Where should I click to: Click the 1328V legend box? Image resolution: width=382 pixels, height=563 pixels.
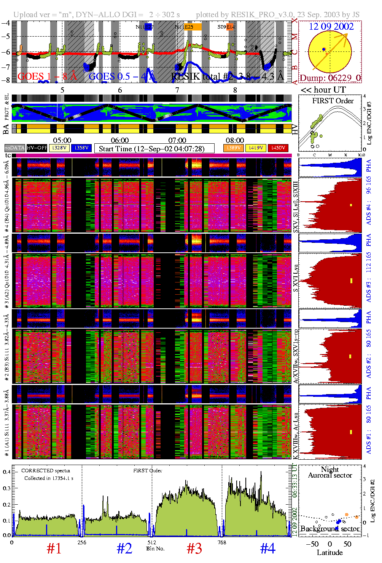[x=59, y=148]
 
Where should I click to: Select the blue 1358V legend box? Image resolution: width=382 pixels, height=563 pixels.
[x=81, y=148]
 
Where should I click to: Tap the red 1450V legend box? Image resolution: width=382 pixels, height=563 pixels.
[x=278, y=148]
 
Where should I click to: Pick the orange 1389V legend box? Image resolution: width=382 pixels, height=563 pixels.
[x=234, y=148]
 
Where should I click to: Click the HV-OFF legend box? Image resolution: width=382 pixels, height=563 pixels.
[x=37, y=148]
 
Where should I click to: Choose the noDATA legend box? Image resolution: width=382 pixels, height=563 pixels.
[x=15, y=148]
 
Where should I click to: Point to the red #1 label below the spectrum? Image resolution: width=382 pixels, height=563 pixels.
[x=54, y=549]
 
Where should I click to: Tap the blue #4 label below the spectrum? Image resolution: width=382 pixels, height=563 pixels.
[x=267, y=549]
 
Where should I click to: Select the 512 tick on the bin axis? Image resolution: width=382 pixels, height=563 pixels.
[x=152, y=542]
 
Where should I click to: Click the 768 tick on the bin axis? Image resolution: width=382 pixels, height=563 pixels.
[x=221, y=542]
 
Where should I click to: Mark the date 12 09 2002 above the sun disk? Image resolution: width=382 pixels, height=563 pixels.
[x=331, y=27]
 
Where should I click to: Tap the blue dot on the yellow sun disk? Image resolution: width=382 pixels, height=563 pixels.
[x=323, y=49]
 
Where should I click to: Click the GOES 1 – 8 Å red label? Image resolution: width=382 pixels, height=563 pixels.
[x=47, y=77]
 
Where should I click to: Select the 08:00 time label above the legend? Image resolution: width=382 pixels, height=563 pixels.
[x=235, y=141]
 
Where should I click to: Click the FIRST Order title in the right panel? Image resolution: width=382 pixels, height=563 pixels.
[x=333, y=101]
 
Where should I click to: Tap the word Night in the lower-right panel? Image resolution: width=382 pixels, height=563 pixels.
[x=330, y=469]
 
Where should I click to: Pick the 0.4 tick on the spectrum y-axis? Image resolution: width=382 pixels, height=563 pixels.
[x=6, y=472]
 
